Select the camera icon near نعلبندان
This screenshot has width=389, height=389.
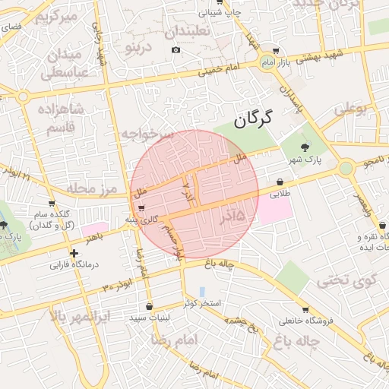[176, 50]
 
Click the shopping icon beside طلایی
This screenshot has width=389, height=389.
[282, 182]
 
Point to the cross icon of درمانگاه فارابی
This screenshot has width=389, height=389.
[74, 254]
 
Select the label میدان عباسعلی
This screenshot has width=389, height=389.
[65, 64]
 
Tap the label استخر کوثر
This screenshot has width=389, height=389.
[201, 303]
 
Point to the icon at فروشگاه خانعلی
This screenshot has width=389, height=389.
[305, 310]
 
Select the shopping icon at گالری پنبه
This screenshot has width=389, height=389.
[141, 209]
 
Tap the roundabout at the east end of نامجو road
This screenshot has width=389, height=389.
[346, 167]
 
